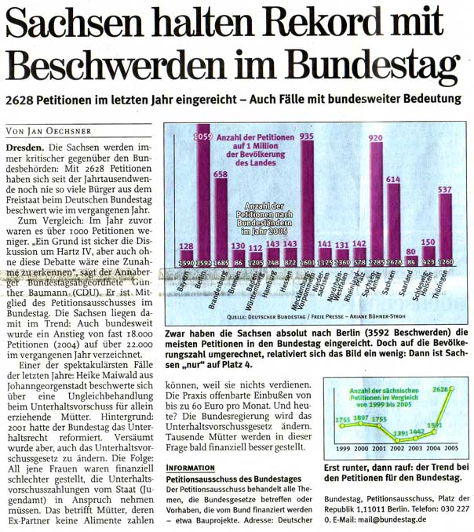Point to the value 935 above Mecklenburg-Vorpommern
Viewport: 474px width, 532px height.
[307, 136]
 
